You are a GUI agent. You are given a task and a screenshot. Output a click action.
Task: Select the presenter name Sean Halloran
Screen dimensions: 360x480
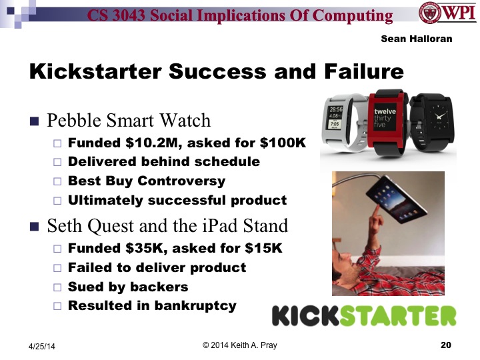tap(416, 39)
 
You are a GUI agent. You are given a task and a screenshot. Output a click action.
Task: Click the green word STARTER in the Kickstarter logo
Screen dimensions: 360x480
tap(399, 317)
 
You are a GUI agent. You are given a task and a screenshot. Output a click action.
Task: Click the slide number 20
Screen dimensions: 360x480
tap(445, 345)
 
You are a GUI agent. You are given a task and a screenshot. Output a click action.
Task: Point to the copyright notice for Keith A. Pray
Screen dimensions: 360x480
tap(239, 345)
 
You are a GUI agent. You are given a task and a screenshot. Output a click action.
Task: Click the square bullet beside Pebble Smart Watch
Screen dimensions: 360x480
tap(35, 121)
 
